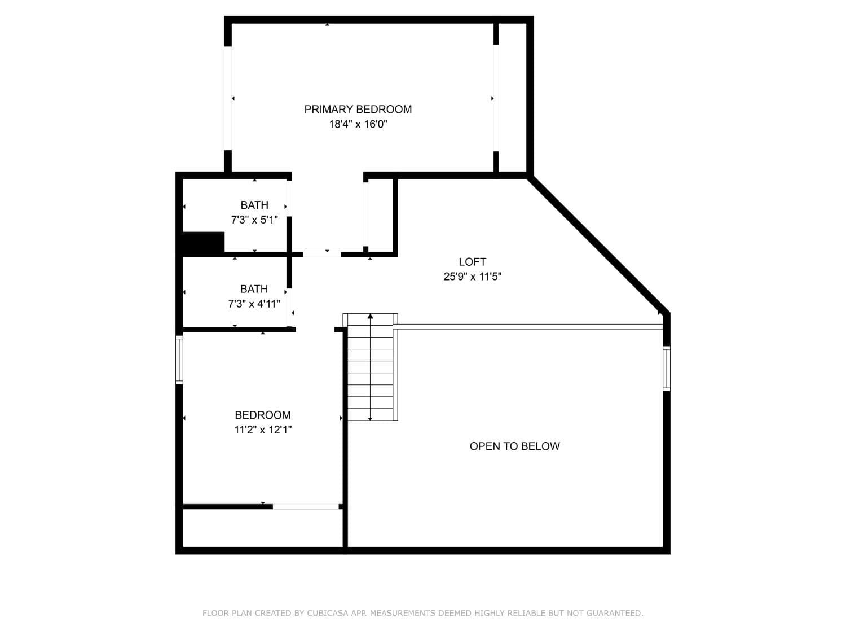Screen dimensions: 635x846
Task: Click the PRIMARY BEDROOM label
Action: [358, 109]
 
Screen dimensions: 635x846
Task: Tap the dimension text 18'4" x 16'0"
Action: [358, 124]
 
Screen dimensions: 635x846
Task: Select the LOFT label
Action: [472, 262]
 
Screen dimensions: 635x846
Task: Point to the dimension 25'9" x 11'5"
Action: [472, 277]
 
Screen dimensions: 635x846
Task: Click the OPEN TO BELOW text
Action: [514, 446]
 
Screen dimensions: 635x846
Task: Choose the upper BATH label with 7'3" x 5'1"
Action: [254, 205]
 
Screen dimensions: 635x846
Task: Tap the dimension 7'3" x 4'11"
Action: [254, 304]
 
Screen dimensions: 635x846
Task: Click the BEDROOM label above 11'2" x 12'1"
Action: [263, 415]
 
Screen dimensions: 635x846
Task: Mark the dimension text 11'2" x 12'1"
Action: [263, 430]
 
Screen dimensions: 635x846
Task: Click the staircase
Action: [370, 367]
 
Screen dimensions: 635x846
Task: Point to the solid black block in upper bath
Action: [203, 242]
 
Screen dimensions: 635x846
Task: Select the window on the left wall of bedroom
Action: [179, 360]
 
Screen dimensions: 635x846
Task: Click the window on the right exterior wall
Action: [666, 369]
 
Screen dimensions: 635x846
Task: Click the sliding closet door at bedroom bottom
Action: [306, 507]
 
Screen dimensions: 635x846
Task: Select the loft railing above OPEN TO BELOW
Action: [530, 326]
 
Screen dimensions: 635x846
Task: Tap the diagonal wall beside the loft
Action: [598, 244]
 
